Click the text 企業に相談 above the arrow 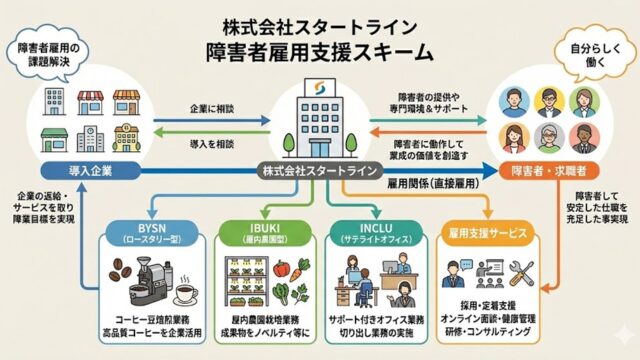(213, 107)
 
